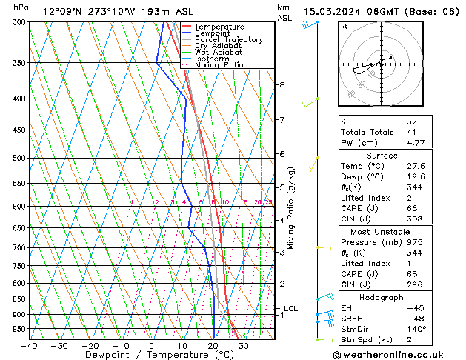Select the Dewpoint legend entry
point(212,33)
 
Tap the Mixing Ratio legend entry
point(219,65)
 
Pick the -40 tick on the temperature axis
point(29,345)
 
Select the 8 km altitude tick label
point(282,85)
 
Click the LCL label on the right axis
point(291,308)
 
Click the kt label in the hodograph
point(344,27)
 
